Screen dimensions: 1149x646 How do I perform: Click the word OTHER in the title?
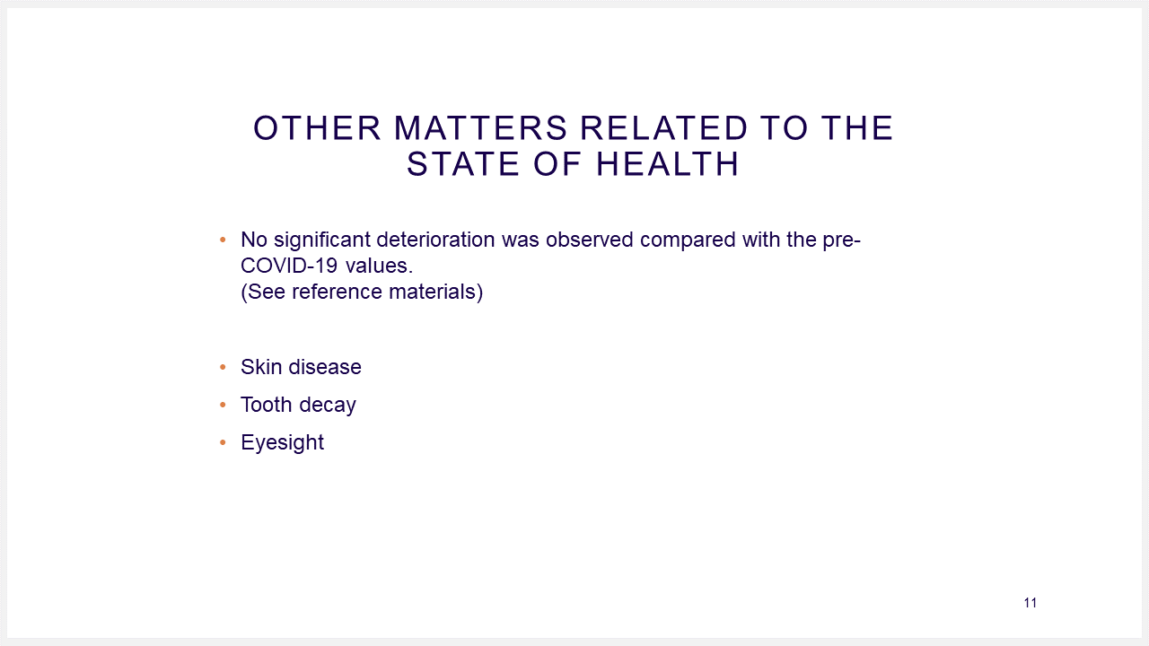(x=317, y=127)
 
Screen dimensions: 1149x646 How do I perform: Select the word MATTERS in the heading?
(x=480, y=127)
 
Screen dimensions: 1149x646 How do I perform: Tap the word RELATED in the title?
(x=663, y=127)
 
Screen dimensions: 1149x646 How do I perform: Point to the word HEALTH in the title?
(x=667, y=164)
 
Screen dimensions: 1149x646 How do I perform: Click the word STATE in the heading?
(x=463, y=164)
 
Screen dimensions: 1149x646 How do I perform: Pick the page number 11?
(x=1030, y=603)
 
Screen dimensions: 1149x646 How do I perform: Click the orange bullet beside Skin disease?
(x=223, y=367)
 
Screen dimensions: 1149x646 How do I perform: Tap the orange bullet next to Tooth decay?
(x=223, y=405)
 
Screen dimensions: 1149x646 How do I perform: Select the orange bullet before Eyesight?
(x=223, y=442)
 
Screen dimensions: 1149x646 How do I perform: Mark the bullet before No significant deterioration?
(x=223, y=240)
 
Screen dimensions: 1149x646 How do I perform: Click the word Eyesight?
(x=282, y=443)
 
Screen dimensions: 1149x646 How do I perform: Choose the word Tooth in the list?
(x=267, y=405)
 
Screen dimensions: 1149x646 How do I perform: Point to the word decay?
(x=328, y=406)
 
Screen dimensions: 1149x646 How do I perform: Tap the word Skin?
(x=261, y=367)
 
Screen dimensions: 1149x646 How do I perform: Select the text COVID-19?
(x=289, y=266)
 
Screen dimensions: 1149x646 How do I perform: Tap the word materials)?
(x=436, y=292)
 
